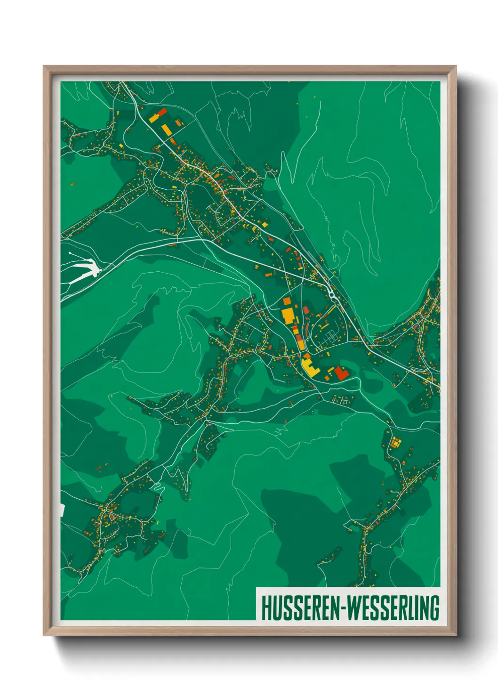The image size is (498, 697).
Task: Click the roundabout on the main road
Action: click(332, 295)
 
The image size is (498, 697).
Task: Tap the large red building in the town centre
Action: click(340, 374)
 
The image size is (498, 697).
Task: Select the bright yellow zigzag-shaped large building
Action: click(309, 367)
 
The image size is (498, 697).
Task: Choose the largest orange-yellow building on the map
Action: click(288, 314)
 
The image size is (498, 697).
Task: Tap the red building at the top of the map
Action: click(161, 113)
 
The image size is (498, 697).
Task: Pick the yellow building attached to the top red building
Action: click(154, 118)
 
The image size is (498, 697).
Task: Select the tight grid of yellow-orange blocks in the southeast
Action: click(394, 442)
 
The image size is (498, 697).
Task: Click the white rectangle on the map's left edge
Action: click(62, 510)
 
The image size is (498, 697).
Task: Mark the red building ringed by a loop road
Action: click(112, 517)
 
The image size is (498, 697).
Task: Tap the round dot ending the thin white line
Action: click(70, 253)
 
